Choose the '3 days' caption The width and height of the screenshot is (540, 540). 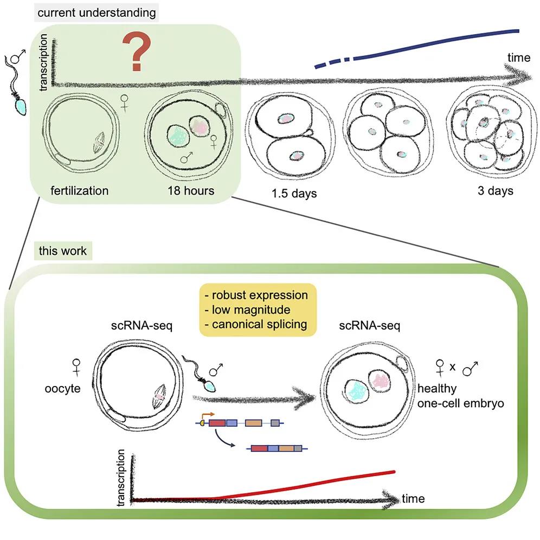[492, 191]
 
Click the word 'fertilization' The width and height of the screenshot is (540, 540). [79, 191]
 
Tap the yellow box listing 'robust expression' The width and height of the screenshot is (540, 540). [258, 310]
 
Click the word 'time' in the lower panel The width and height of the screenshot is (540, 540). [413, 498]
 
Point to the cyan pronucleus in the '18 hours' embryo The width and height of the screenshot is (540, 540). [176, 133]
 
